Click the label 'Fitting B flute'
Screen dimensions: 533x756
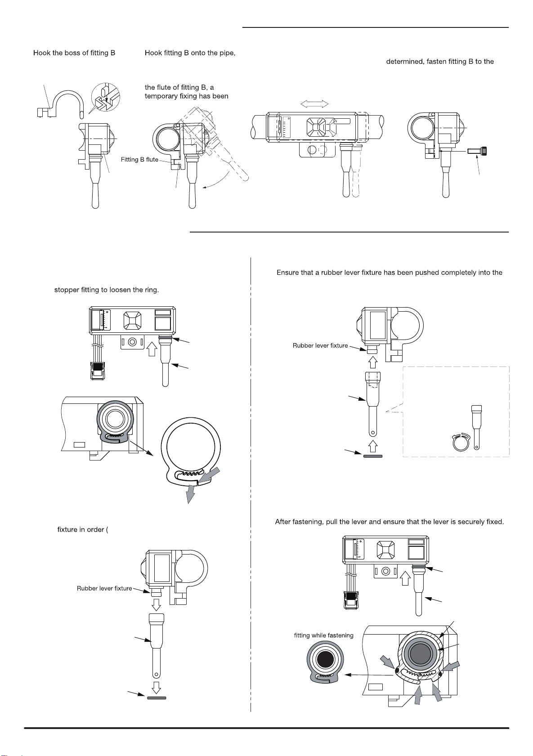click(139, 160)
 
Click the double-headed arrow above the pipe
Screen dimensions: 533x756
click(314, 104)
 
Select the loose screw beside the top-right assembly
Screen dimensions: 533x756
click(477, 151)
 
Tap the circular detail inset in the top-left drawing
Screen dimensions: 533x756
click(106, 97)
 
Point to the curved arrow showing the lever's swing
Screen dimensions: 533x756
click(218, 180)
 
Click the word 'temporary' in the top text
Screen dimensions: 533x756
click(160, 97)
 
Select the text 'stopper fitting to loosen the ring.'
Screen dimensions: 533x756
click(106, 290)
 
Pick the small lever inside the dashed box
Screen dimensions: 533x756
click(476, 427)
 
